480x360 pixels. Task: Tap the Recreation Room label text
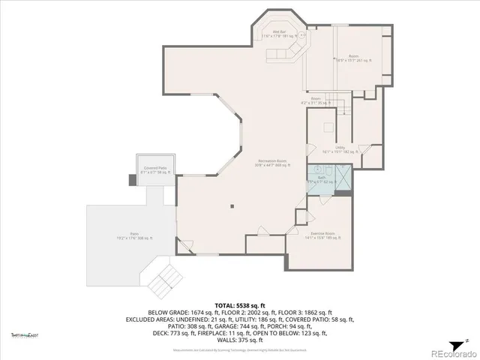[272, 163]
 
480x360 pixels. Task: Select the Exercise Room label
[322, 235]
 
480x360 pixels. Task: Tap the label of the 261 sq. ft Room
[352, 58]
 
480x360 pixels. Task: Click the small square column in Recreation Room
[232, 206]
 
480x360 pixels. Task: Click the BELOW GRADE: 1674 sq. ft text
[185, 312]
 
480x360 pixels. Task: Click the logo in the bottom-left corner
[24, 334]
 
